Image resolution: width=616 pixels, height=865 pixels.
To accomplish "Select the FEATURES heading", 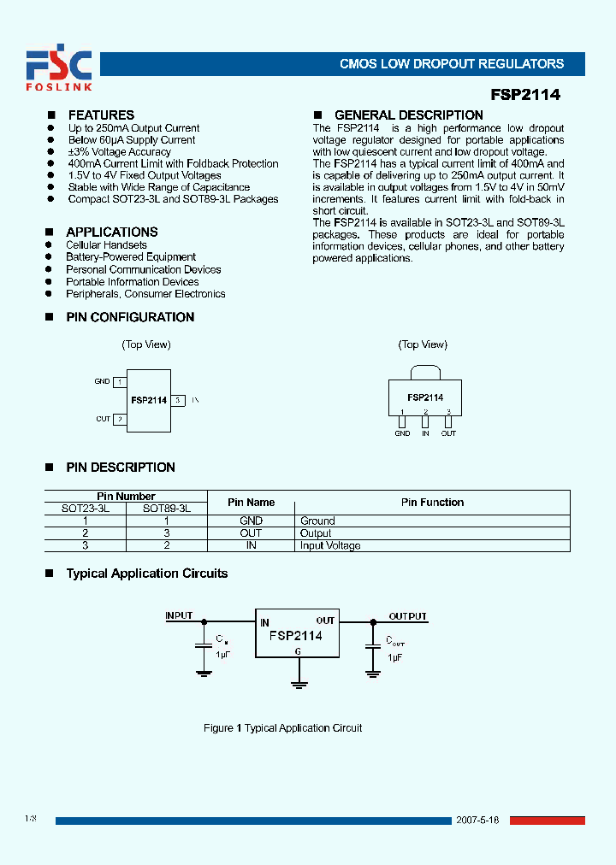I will pos(101,115).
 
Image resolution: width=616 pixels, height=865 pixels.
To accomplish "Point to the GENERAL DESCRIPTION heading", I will pos(408,115).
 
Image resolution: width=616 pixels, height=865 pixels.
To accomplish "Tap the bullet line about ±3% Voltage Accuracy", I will pos(120,151).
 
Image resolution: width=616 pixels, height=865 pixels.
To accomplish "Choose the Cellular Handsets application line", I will pos(106,244).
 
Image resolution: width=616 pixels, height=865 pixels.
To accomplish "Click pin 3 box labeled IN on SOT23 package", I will pos(177,400).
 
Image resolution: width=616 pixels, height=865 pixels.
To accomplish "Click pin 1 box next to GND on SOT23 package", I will pos(121,382).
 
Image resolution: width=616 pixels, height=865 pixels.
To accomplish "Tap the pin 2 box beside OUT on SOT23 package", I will pos(121,419).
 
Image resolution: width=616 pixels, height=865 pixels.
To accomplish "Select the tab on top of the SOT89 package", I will pos(425,372).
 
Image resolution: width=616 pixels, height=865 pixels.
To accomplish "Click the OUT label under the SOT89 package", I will pos(448,433).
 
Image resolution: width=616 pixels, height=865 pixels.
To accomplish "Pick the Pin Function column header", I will pos(432,503).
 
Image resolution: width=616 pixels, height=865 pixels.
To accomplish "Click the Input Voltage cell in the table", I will pos(330,545).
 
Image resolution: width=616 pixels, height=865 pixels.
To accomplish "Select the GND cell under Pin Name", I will pos(251,521).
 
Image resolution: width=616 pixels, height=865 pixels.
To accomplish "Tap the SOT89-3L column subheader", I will pos(167,508).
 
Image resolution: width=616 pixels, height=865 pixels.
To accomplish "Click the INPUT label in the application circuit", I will pos(179,615).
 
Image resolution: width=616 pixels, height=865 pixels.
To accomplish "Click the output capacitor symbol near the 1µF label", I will pos(372,646).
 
